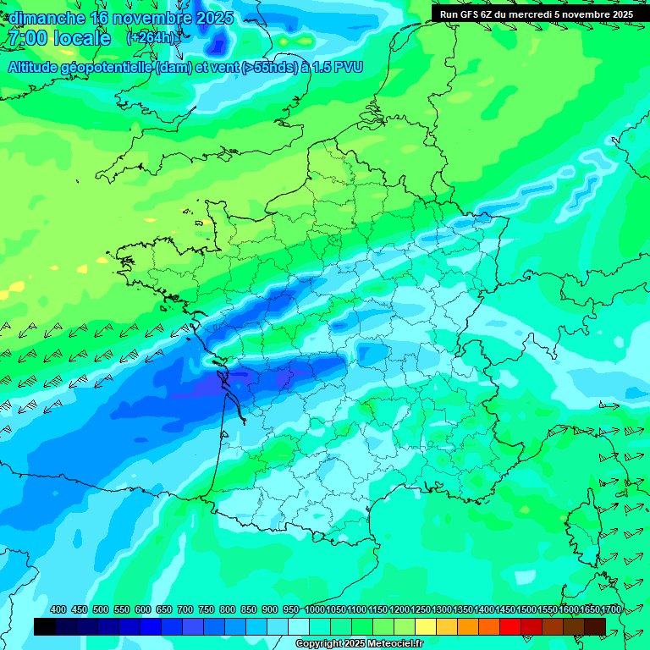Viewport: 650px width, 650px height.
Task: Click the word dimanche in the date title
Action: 47,18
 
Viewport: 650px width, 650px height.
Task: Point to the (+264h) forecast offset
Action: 153,38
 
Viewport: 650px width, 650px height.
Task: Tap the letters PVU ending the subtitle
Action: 347,67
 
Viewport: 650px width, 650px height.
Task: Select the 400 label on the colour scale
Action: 58,609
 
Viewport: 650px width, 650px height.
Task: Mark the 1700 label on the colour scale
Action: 610,609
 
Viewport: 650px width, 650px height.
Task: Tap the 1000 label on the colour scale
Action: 315,609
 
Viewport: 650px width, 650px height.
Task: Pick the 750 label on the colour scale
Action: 207,609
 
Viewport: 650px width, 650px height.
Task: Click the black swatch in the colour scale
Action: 45,626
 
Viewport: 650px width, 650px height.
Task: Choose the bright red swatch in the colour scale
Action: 510,626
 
